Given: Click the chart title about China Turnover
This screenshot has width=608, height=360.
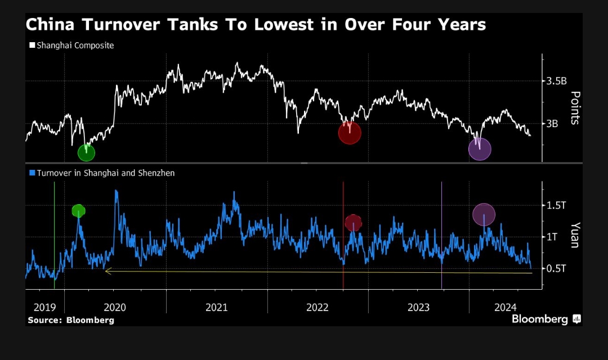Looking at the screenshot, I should click(255, 25).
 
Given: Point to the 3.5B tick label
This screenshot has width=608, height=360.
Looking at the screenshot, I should click(556, 81).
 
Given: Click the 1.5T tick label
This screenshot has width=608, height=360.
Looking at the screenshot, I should click(556, 205).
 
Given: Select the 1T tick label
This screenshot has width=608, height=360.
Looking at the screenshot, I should click(552, 237).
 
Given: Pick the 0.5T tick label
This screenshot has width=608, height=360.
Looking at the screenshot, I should click(556, 268).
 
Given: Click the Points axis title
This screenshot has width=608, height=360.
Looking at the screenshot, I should click(575, 107).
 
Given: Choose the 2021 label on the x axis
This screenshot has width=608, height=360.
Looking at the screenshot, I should click(216, 307).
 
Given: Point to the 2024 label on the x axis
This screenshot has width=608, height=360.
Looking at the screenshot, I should click(505, 307).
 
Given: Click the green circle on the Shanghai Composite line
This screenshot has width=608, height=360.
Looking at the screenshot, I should click(86, 152).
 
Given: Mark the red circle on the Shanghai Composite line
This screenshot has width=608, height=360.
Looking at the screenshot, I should click(349, 133).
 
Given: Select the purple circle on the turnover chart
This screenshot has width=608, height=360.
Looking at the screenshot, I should click(484, 214).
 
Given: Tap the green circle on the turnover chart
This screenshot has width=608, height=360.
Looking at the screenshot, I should click(78, 211).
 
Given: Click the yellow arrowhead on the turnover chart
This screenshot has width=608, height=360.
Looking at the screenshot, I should click(108, 271).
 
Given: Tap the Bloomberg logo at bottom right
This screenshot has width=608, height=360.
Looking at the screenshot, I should click(546, 319).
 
